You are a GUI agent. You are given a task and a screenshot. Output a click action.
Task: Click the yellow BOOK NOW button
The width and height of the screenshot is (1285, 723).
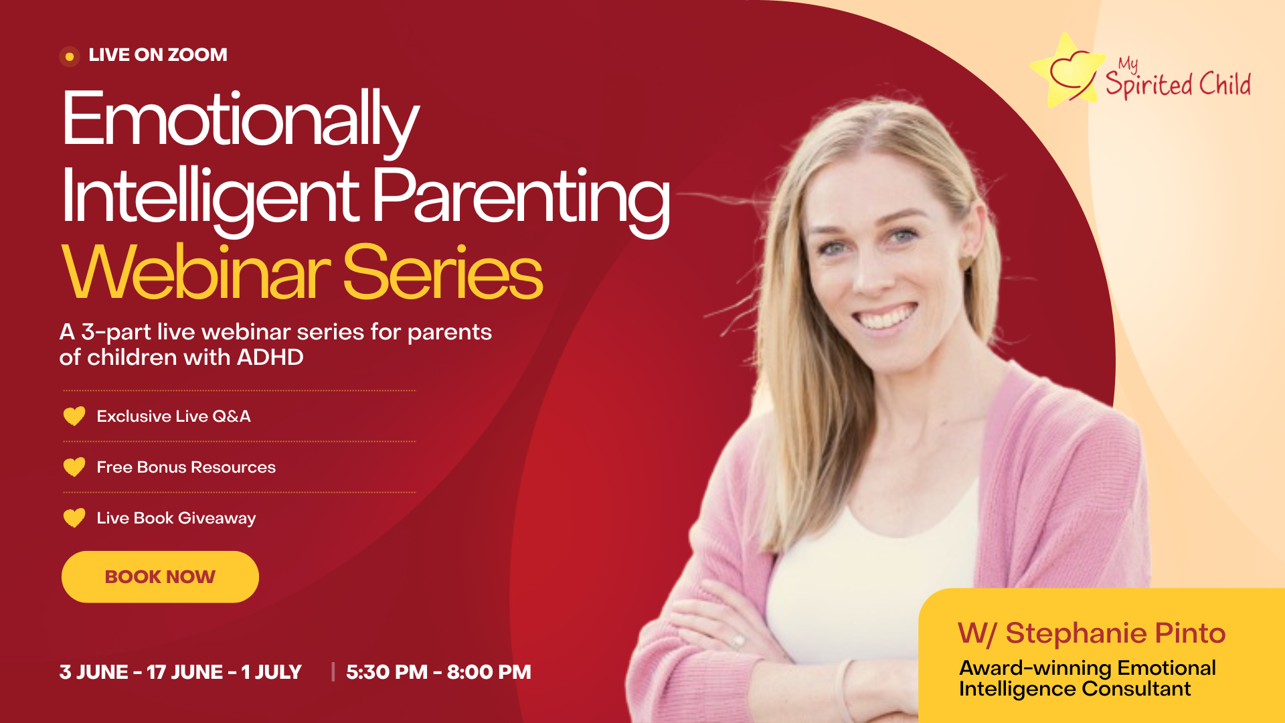coord(160,576)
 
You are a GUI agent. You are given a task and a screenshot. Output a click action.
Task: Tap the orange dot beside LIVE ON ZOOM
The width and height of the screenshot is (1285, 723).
coord(70,57)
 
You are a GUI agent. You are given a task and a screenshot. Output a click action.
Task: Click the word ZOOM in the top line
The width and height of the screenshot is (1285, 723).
coord(197,55)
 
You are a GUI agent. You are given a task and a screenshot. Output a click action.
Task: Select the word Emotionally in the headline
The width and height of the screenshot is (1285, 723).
coord(240,120)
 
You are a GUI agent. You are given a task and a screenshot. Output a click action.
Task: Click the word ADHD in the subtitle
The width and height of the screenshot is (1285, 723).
coord(270,357)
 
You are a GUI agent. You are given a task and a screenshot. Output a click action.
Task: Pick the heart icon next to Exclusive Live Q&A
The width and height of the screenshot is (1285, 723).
coord(74,416)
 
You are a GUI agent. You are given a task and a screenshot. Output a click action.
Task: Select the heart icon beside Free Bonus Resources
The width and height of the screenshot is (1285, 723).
coord(74,467)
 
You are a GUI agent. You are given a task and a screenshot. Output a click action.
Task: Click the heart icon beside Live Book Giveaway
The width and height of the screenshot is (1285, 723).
coord(74,518)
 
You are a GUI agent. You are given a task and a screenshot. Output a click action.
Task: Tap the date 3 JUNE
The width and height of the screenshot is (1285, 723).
coord(94,672)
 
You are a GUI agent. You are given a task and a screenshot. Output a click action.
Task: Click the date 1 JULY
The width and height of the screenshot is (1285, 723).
coord(271,672)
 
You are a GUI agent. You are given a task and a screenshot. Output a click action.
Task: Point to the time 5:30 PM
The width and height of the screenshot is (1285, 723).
coord(387,672)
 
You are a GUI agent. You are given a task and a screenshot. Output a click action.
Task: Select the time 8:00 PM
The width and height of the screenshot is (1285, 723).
coord(489,672)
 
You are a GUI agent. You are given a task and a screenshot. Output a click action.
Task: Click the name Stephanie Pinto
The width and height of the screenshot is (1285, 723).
coord(1116,633)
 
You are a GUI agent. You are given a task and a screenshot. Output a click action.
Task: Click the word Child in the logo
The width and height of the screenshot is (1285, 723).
coord(1225,84)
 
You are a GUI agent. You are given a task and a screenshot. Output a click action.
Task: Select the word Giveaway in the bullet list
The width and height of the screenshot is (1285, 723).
coord(217,519)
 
